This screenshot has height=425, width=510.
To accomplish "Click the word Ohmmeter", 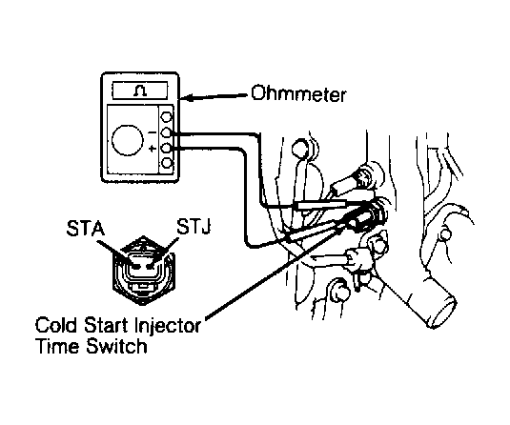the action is tap(298, 94).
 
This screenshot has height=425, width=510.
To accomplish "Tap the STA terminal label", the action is tap(86, 229).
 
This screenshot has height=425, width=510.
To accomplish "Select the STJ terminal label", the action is tap(194, 227).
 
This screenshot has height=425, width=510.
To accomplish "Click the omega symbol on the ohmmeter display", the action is tap(140, 91).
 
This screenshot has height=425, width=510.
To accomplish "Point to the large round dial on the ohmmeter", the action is tap(128, 140).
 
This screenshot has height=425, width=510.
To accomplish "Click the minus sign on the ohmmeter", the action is tap(152, 132).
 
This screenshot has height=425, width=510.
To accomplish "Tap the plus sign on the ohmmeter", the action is tap(152, 149).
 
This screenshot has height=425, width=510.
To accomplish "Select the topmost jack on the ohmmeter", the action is tap(167, 117).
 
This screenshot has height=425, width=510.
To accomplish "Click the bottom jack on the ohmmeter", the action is tap(167, 163).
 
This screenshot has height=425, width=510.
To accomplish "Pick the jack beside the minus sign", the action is tap(167, 132).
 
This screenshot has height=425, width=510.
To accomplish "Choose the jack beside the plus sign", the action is tap(167, 149).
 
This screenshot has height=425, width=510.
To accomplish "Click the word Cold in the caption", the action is tap(56, 325).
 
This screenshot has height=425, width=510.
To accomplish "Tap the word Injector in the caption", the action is tap(168, 326).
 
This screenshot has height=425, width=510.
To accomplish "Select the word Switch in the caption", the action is tap(116, 346).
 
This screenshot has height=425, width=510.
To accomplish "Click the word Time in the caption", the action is tap(58, 346).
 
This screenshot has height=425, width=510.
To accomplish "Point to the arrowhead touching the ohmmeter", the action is tap(188, 97).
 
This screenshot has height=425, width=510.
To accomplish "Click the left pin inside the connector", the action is tap(136, 267).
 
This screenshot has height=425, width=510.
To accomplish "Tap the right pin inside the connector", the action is tap(151, 267).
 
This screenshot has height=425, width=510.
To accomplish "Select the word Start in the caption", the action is tap(105, 325).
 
